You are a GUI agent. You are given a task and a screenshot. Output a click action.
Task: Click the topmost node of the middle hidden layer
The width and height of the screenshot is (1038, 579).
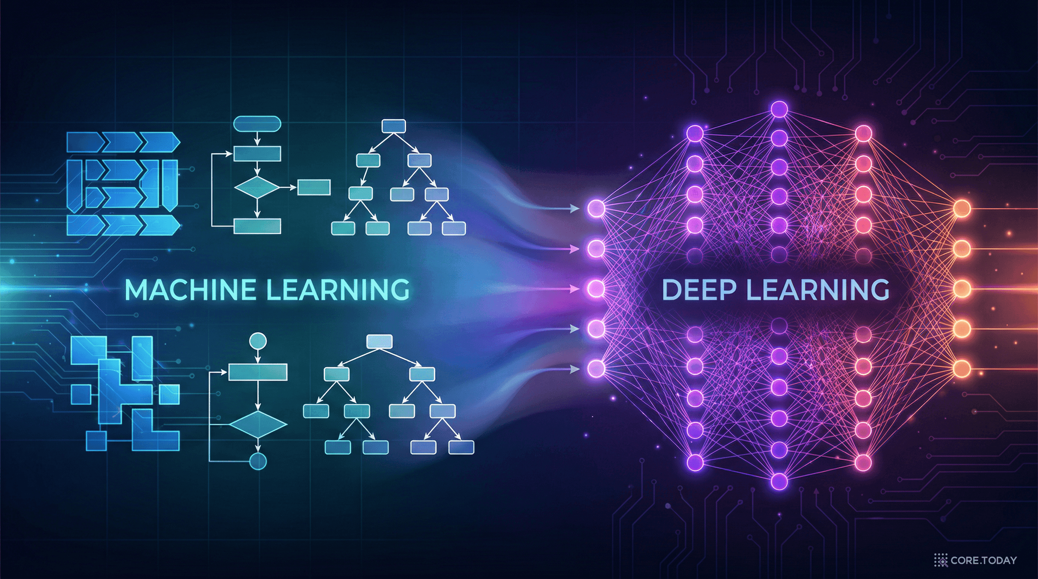click(x=779, y=109)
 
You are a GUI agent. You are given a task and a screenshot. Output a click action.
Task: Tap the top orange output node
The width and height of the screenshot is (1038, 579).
click(x=962, y=209)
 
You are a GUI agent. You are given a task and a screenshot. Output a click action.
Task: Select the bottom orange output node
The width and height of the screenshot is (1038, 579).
click(x=962, y=368)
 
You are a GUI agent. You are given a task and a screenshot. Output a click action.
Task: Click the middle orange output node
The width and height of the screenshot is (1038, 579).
click(x=962, y=289)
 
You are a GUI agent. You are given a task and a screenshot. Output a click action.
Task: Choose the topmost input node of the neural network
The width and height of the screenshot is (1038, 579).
click(x=596, y=208)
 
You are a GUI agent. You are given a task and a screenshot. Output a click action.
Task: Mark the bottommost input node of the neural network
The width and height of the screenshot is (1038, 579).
click(x=596, y=368)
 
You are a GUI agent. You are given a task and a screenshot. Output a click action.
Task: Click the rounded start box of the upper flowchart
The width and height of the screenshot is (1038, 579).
click(x=257, y=124)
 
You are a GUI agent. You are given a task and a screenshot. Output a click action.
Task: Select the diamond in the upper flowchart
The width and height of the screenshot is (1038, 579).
click(x=257, y=188)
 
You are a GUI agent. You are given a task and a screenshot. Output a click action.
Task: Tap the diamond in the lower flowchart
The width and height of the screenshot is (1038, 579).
click(x=258, y=424)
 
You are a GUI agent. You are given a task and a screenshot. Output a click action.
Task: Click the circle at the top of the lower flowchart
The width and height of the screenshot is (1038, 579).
click(x=258, y=342)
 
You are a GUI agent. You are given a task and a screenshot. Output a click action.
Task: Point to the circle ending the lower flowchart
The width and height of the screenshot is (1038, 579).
click(x=258, y=461)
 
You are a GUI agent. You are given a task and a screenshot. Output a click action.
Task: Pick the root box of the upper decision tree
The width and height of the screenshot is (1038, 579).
click(x=394, y=126)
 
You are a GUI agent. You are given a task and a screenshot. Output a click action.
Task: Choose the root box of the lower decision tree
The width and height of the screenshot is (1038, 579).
click(x=379, y=342)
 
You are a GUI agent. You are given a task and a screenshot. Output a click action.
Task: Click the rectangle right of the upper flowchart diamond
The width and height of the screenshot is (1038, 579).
click(x=314, y=188)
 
